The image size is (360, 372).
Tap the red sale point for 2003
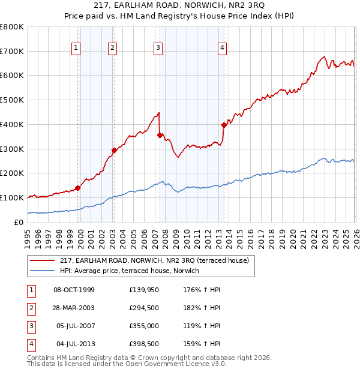pyautogui.click(x=114, y=150)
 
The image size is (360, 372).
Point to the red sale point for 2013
pyautogui.click(x=224, y=125)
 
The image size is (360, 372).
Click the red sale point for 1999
pyautogui.click(x=77, y=188)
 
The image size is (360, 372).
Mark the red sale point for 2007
pyautogui.click(x=160, y=135)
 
